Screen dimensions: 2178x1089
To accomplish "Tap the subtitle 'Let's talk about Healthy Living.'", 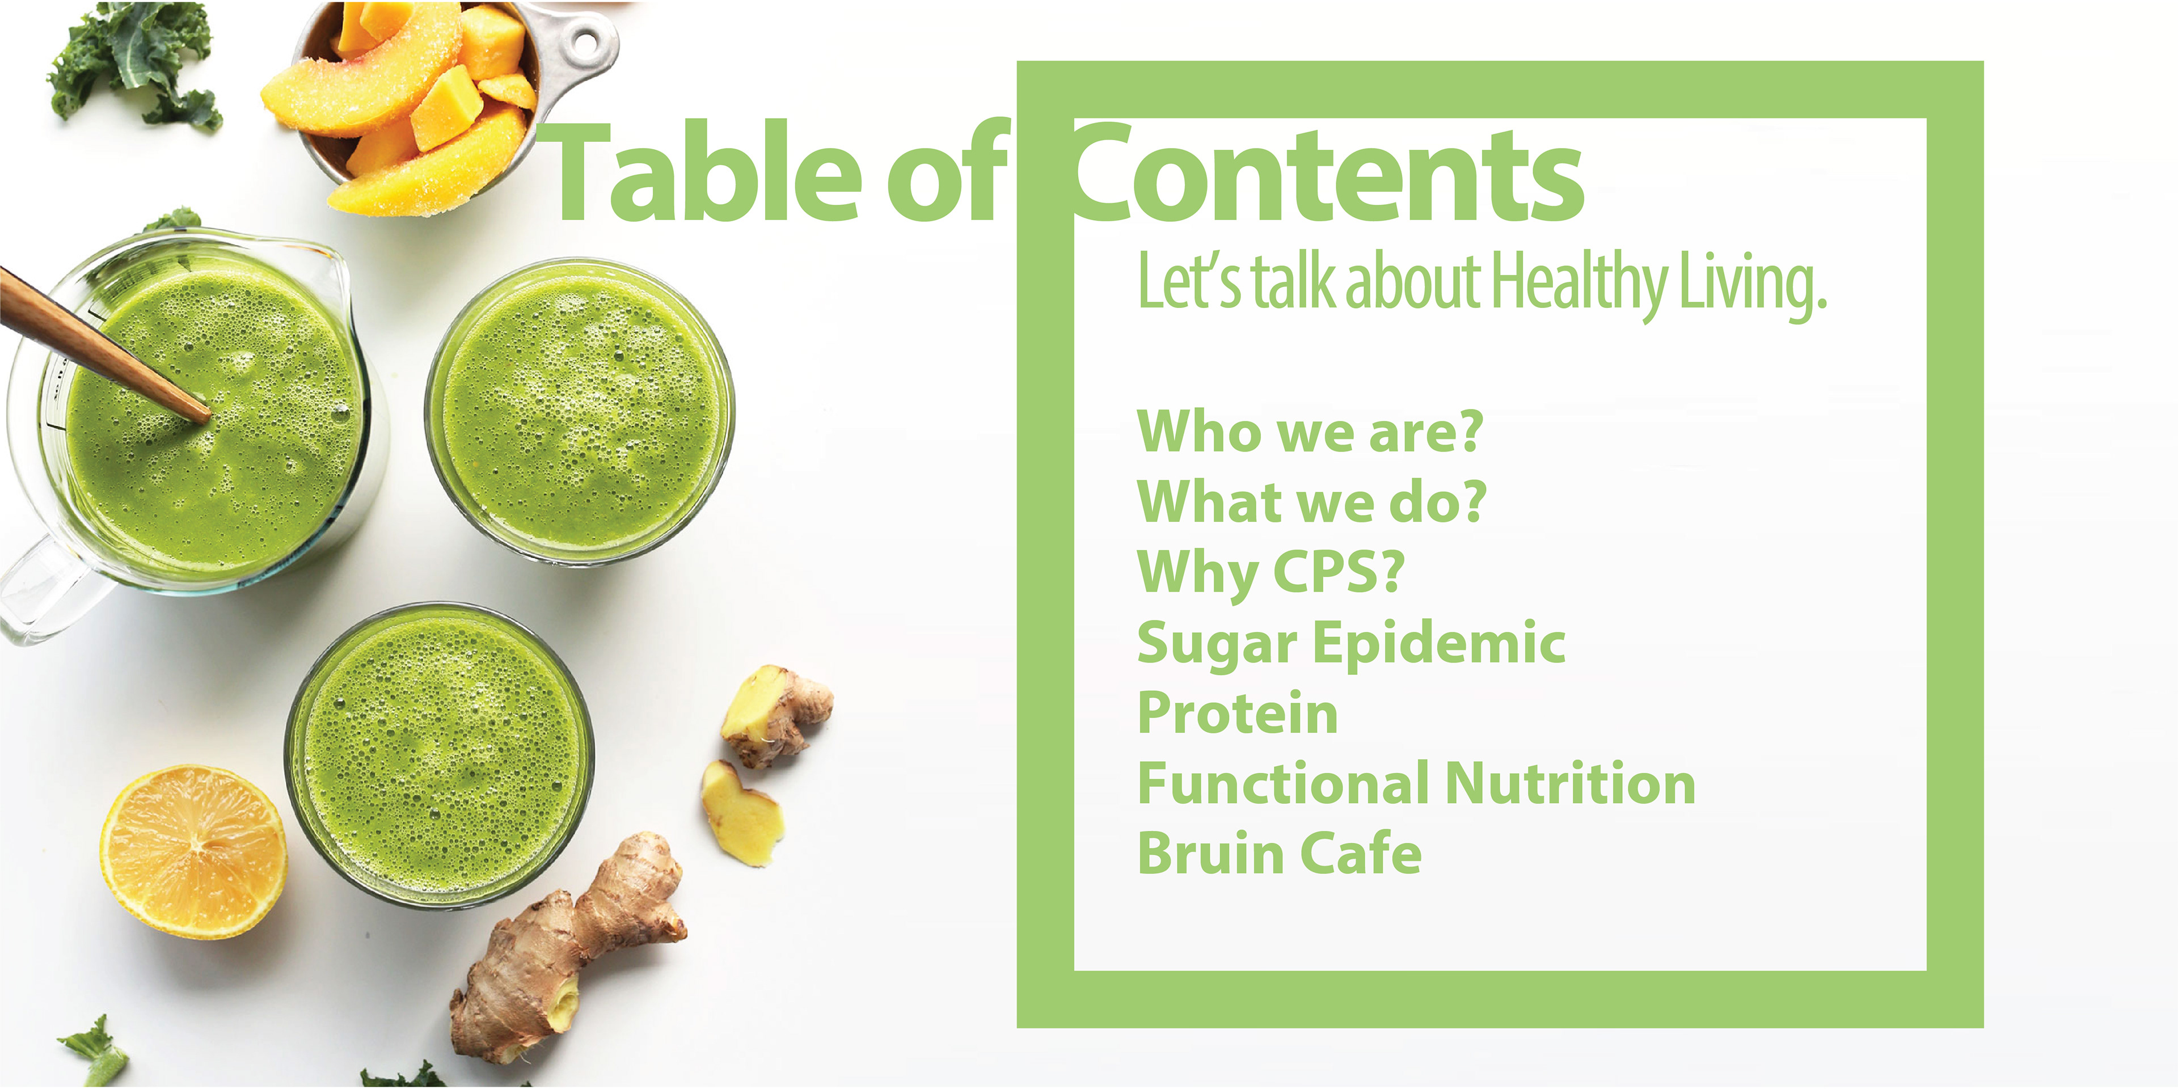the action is (1481, 283).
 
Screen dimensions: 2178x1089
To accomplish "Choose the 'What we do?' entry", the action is (1311, 502).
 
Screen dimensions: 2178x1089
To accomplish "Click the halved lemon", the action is (193, 852).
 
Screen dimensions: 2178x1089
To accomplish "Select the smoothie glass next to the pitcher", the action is (579, 412).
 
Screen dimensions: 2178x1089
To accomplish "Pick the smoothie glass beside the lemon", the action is (439, 755).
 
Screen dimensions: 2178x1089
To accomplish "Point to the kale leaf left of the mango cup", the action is (136, 64).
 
